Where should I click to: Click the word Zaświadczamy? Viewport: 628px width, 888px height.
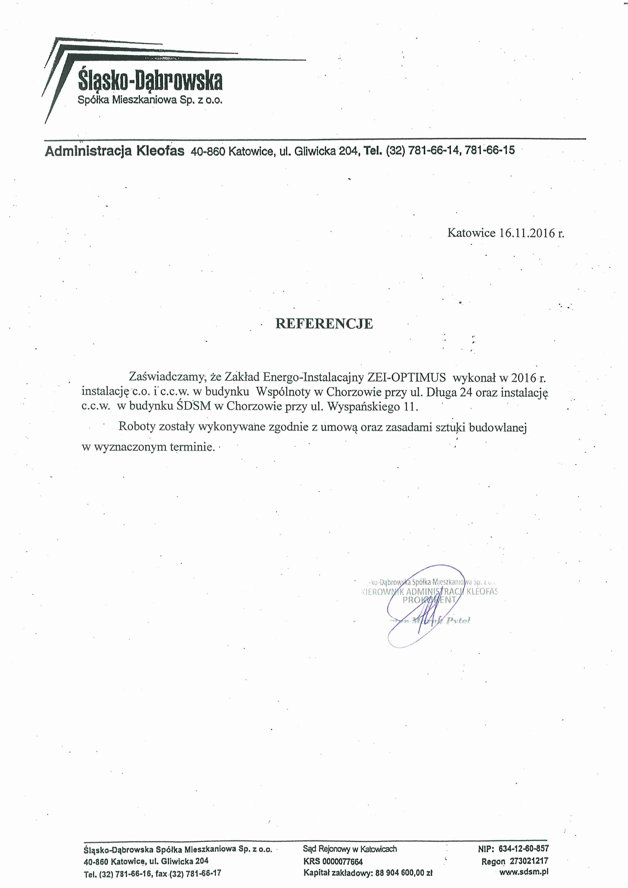tap(167, 377)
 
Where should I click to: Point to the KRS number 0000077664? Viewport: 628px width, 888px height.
tap(342, 862)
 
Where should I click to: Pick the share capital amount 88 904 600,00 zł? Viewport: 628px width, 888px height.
tap(404, 873)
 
